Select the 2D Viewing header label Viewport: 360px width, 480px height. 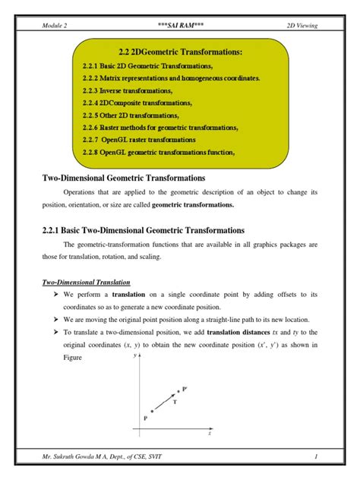[x=301, y=25]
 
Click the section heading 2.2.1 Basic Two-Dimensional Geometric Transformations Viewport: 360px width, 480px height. [x=143, y=229]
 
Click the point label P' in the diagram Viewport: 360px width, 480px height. [x=185, y=388]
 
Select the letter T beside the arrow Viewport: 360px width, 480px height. [x=175, y=403]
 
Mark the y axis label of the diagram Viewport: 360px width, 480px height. [x=134, y=355]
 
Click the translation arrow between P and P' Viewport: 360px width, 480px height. [x=165, y=401]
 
